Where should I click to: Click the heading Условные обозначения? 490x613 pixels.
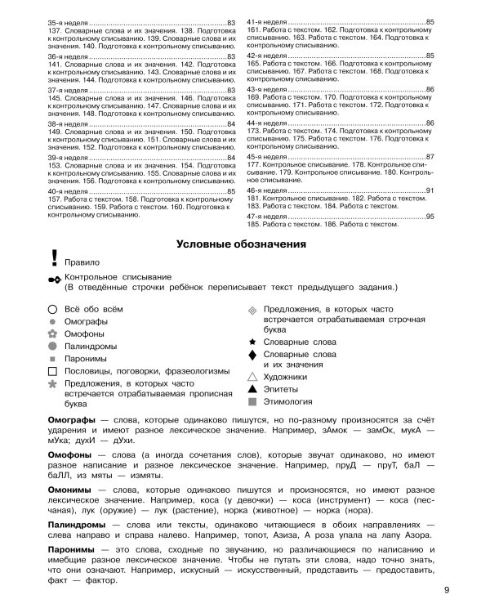click(243, 244)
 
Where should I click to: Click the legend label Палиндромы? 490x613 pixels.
click(93, 346)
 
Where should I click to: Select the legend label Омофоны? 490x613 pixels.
click(87, 333)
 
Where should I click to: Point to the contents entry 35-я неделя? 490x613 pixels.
click(69, 21)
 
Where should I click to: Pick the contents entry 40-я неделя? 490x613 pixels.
click(69, 191)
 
